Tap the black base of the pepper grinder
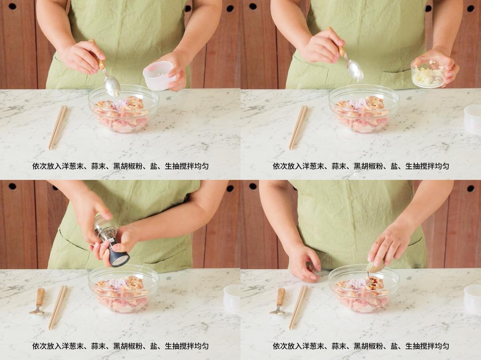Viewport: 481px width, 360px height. (x=119, y=255)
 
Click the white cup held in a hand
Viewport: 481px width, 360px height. (x=159, y=75)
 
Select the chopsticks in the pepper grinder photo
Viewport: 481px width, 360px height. (x=57, y=307)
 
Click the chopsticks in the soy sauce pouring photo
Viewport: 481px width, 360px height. (x=298, y=307)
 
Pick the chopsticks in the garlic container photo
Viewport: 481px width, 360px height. (x=298, y=127)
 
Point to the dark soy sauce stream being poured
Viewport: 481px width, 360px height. (x=369, y=275)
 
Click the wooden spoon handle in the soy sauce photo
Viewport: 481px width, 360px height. (x=280, y=296)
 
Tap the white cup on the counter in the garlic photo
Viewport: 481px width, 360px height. (x=473, y=118)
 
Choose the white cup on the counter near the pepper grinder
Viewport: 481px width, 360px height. (x=232, y=299)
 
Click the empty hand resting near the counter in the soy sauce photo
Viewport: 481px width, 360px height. (x=304, y=263)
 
